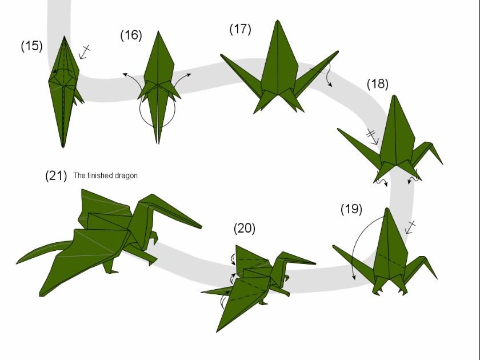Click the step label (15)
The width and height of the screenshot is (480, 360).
(32, 46)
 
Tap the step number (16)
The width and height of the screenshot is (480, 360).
(131, 35)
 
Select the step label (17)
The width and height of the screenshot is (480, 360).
(241, 29)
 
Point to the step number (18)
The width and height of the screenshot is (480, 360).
(378, 84)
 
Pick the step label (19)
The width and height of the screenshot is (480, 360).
(351, 209)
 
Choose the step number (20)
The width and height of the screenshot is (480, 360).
(245, 229)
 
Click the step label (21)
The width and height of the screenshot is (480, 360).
(56, 176)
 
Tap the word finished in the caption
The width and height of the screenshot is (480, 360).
(100, 175)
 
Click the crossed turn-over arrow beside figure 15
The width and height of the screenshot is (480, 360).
(84, 52)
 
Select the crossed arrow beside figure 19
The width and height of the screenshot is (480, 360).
(410, 227)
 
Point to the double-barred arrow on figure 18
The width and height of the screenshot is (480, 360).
(373, 137)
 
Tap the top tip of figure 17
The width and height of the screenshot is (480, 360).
(278, 21)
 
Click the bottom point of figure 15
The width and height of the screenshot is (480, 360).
(63, 147)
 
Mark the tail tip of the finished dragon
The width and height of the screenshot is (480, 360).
(17, 263)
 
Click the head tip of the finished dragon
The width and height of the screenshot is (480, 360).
(201, 227)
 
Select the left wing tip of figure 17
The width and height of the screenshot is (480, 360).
(221, 55)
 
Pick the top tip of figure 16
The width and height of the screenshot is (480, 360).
(158, 31)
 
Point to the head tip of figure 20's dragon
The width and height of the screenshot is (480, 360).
(315, 263)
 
